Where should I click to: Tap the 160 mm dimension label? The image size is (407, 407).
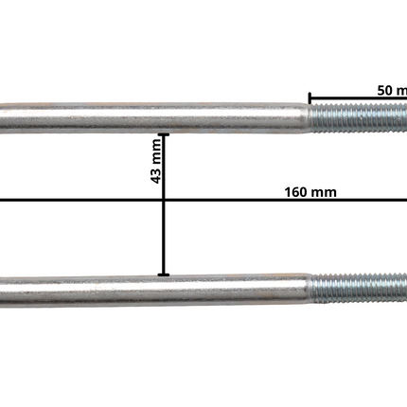(310, 191)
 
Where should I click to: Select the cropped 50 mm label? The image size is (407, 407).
(390, 89)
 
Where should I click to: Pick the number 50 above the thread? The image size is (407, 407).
(383, 89)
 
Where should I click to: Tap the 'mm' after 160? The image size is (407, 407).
(324, 191)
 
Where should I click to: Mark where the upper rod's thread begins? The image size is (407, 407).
(310, 119)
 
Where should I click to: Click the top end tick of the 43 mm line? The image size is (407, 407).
(165, 133)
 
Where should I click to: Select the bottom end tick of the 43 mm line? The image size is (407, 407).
(165, 275)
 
